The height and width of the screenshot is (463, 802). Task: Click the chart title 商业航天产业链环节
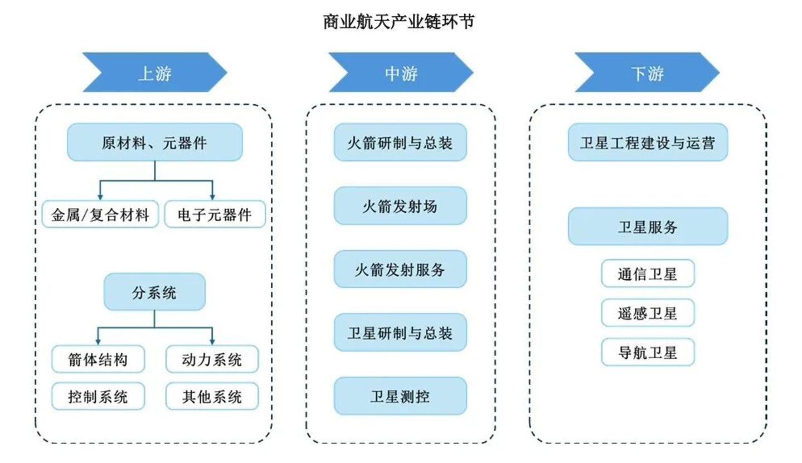click(399, 22)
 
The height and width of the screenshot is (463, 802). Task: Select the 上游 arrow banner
click(155, 72)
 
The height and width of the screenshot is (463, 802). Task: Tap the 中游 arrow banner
click(401, 72)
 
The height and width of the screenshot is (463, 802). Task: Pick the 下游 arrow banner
click(647, 72)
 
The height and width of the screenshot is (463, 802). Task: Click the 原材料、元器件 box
click(155, 143)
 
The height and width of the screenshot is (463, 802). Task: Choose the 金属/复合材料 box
click(100, 215)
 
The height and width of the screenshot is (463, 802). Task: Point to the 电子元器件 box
click(215, 215)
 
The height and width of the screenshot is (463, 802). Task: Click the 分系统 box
click(154, 292)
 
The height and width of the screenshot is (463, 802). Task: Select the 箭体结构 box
click(98, 359)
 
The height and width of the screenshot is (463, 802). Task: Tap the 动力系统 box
click(212, 359)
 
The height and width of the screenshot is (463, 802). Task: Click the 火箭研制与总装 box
click(400, 143)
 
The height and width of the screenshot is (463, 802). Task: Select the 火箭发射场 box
click(400, 206)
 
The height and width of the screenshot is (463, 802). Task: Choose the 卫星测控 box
click(400, 396)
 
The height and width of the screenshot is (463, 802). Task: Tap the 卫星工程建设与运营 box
click(648, 143)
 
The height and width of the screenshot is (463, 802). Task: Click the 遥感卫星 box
click(648, 313)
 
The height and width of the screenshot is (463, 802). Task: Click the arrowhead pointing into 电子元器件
click(212, 197)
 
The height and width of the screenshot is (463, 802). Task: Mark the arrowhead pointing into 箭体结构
click(98, 342)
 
